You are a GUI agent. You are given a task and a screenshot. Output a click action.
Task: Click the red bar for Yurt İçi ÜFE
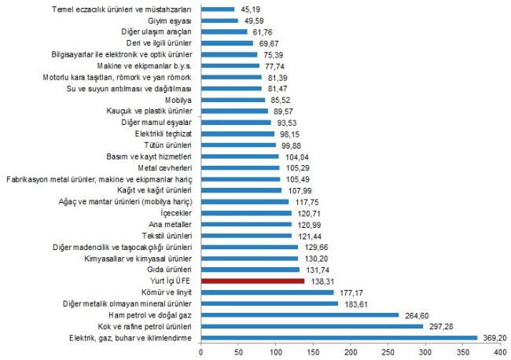pos(252,281)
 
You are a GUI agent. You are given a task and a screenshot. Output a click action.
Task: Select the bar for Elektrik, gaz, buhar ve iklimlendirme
pos(339,337)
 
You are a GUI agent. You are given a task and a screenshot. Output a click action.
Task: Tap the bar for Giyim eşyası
pos(219,20)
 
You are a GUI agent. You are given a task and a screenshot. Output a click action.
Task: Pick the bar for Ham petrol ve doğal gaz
pos(300,314)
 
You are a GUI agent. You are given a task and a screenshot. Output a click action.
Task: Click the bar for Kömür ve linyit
pos(267,292)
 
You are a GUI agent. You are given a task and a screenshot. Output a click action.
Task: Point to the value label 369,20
pos(494,337)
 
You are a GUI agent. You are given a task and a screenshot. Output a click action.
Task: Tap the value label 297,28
pos(441,326)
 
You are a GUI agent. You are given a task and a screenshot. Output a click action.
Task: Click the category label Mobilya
pos(179,100)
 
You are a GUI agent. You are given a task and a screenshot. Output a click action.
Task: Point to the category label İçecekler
pos(175,213)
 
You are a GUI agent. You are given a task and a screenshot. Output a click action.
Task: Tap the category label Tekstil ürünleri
pos(166,236)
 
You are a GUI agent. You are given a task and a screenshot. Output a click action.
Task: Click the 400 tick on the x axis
pos(500,353)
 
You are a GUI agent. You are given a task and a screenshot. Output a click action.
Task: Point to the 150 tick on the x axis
pos(313,353)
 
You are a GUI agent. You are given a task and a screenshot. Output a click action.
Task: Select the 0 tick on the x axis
pos(201,353)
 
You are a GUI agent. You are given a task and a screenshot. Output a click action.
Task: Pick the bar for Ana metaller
pos(246,224)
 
